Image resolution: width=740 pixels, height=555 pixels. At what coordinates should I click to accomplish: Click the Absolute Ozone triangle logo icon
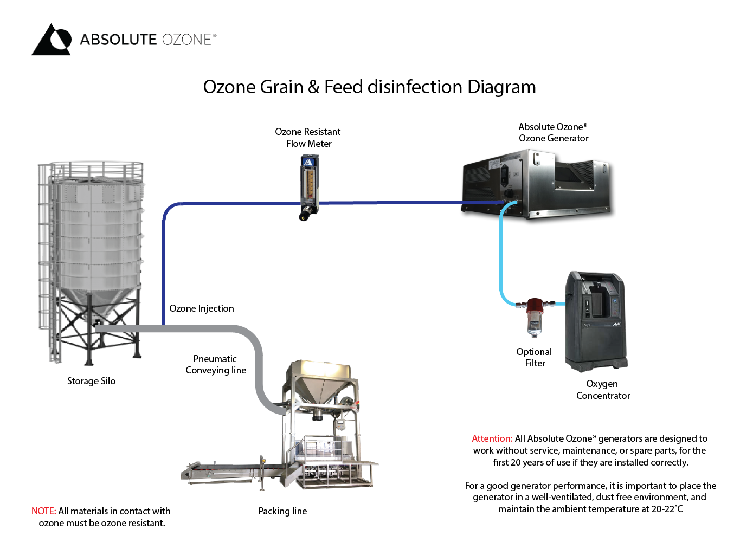(x=52, y=40)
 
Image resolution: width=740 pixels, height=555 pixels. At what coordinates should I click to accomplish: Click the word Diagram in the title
(x=501, y=87)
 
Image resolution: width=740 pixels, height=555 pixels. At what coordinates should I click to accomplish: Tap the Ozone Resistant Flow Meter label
(x=308, y=138)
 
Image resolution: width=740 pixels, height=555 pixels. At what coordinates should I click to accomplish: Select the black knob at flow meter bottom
(x=305, y=216)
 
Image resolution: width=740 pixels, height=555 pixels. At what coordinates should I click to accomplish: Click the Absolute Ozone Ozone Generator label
(x=553, y=133)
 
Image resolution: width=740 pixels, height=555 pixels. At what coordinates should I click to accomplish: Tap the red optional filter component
(x=535, y=307)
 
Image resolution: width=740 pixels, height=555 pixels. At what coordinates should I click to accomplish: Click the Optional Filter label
(x=534, y=358)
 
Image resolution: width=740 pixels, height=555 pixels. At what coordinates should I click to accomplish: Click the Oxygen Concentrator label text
(x=603, y=390)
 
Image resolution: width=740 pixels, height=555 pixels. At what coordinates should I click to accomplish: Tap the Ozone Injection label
(x=202, y=308)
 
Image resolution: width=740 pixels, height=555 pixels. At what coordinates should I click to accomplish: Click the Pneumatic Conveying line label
(x=216, y=365)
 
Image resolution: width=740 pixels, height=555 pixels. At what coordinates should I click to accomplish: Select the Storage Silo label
(x=91, y=381)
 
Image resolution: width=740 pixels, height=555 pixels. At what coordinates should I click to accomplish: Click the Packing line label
(x=282, y=511)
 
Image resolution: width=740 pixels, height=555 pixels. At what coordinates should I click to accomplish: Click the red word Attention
(x=492, y=438)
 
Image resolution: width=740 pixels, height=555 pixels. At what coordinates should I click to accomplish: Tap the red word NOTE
(x=43, y=511)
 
